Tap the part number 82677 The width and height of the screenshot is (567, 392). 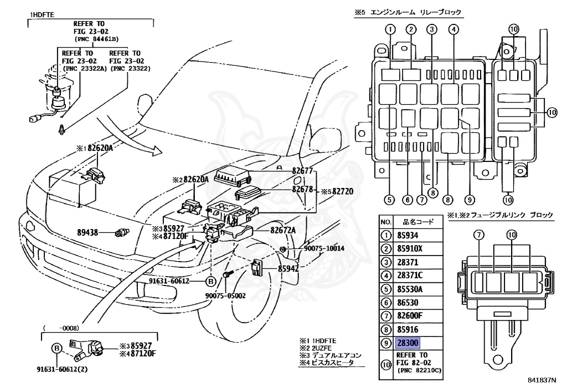click(303, 172)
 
